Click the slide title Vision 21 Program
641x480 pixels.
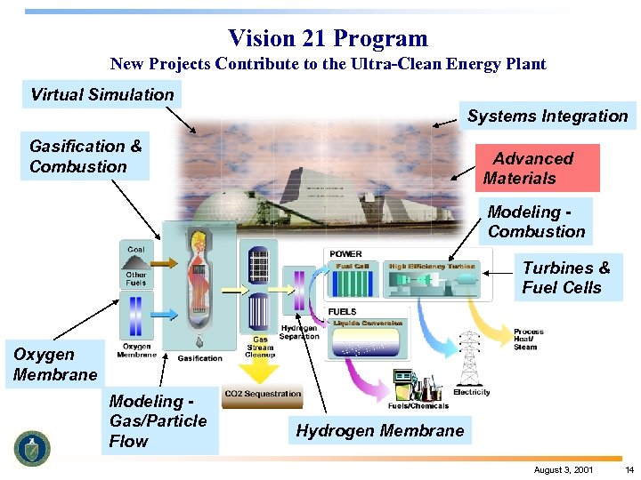pyautogui.click(x=328, y=38)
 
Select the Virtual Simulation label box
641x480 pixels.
pyautogui.click(x=101, y=94)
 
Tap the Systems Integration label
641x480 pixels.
pyautogui.click(x=548, y=116)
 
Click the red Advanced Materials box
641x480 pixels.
pyautogui.click(x=534, y=168)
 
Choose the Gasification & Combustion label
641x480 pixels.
pyautogui.click(x=85, y=156)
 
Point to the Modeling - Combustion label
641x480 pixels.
pyautogui.click(x=537, y=221)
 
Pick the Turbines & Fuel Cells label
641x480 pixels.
pyautogui.click(x=566, y=277)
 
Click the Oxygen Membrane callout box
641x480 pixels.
pyautogui.click(x=55, y=364)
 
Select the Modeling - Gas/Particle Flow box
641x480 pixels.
pyautogui.click(x=158, y=420)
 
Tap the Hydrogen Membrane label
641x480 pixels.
pyautogui.click(x=380, y=431)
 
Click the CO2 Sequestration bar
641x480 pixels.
pyautogui.click(x=263, y=394)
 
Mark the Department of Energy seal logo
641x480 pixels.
pyautogui.click(x=33, y=447)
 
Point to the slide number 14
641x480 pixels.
pyautogui.click(x=629, y=468)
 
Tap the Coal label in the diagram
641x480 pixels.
pyautogui.click(x=136, y=250)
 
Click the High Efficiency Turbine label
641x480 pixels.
pyautogui.click(x=432, y=266)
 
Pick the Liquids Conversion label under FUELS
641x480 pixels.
pyautogui.click(x=368, y=324)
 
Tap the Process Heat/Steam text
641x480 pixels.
pyautogui.click(x=528, y=339)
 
